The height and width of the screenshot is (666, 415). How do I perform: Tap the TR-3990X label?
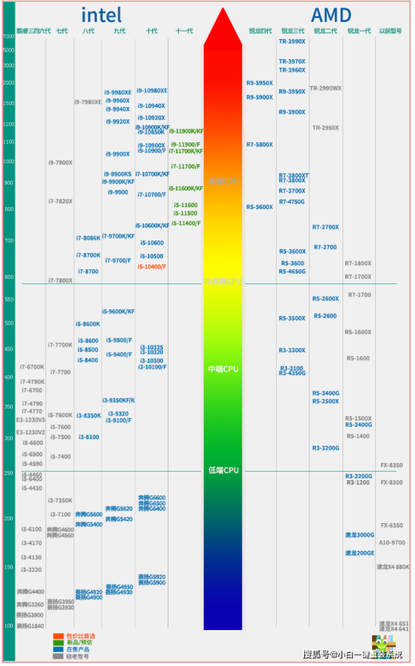[292, 41]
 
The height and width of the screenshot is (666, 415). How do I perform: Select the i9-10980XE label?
[152, 90]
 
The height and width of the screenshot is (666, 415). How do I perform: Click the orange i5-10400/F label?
[152, 266]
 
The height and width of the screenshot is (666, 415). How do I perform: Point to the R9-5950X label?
[259, 83]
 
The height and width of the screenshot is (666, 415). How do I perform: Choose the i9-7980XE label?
[88, 102]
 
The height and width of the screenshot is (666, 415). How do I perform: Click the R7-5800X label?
[259, 144]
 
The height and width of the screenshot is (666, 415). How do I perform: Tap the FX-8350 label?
[391, 465]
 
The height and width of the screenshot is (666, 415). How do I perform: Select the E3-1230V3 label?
[31, 420]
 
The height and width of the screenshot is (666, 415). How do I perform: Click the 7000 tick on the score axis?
[8, 37]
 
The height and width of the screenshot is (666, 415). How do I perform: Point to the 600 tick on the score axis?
[8, 277]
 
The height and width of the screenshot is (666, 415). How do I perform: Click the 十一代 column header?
[184, 31]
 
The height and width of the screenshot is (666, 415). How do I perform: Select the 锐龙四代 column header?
[260, 31]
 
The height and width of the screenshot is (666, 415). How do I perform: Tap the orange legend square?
[58, 636]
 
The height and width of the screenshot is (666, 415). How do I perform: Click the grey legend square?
[58, 656]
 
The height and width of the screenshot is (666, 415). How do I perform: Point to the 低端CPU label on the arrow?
[223, 470]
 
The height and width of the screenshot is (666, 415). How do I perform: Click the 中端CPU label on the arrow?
[223, 369]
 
